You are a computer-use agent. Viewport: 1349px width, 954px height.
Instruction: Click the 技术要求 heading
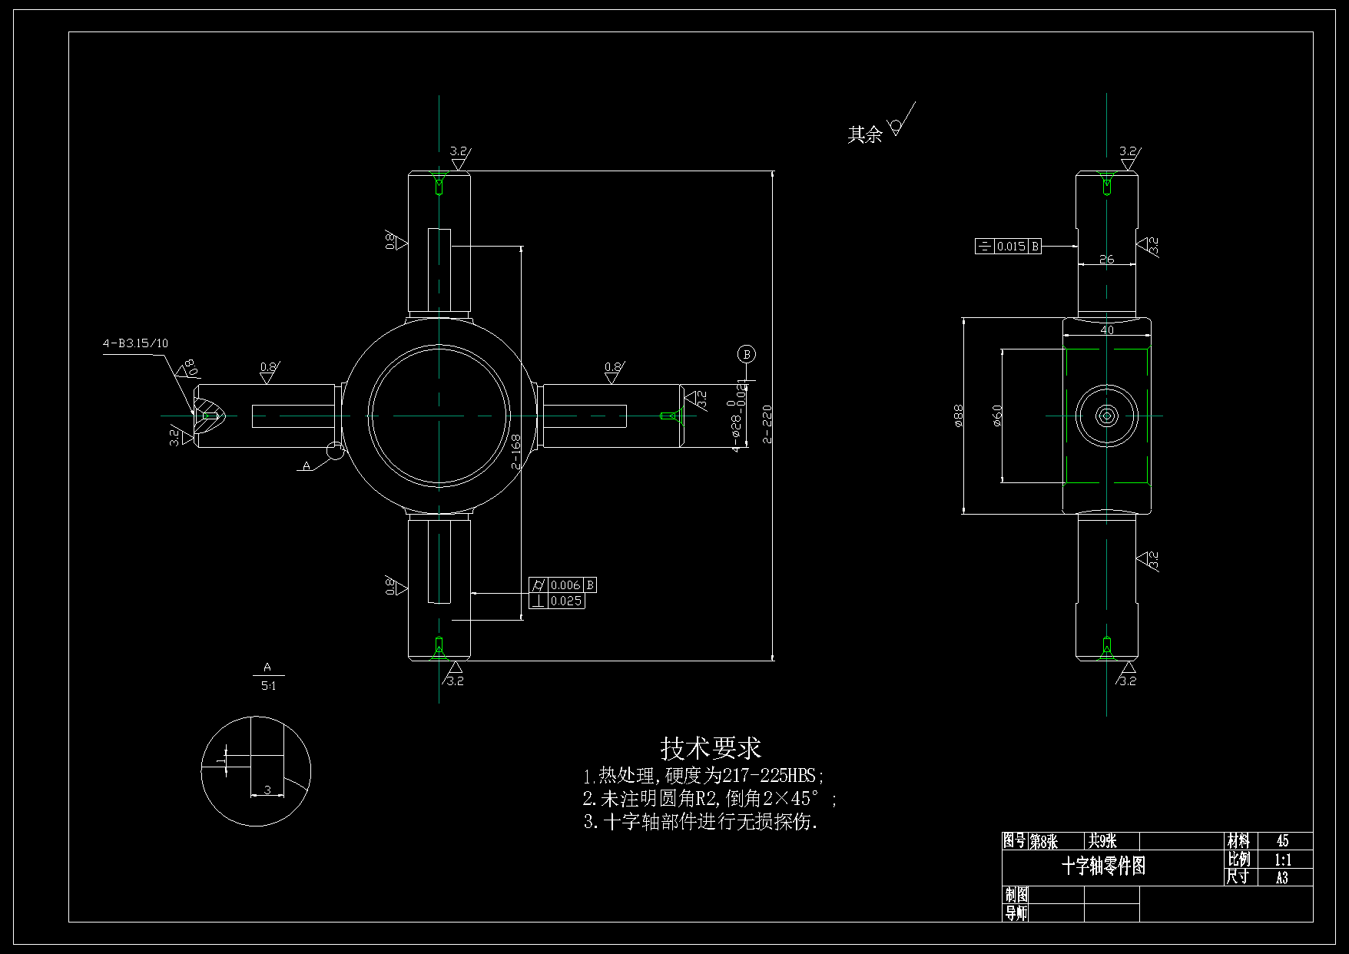tap(710, 747)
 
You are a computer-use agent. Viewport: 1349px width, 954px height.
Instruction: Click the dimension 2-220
tap(767, 424)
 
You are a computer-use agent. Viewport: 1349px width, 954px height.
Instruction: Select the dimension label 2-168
tap(515, 452)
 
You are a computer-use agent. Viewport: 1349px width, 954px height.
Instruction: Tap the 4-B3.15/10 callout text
tap(135, 343)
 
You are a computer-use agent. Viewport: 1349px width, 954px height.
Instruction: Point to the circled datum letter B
tap(746, 354)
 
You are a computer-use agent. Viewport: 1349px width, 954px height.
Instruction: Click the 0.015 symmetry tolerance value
tap(1010, 247)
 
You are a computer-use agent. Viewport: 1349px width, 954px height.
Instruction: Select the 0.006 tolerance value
tap(565, 585)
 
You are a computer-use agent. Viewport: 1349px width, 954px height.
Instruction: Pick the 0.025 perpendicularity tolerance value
tap(565, 601)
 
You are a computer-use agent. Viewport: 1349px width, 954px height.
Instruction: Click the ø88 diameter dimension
tap(958, 416)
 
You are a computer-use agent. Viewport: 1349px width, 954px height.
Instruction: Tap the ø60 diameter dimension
tap(997, 416)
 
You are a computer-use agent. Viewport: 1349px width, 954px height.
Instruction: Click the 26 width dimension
tap(1106, 259)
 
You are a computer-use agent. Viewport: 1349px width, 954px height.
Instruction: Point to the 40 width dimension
tap(1106, 330)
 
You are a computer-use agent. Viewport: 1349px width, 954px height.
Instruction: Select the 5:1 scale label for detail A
tap(268, 686)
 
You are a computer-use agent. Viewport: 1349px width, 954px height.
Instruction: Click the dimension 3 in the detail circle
tap(267, 790)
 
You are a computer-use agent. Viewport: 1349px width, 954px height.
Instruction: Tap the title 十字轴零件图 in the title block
tap(1103, 866)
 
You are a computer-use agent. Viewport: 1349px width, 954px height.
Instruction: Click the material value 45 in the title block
tap(1282, 841)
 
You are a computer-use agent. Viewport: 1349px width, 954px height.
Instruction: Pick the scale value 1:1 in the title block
tap(1282, 860)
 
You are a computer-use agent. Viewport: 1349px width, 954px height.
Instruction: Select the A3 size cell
tap(1282, 877)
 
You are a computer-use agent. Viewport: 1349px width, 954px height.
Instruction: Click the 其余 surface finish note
tap(864, 135)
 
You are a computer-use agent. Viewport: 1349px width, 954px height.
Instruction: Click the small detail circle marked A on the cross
tap(335, 452)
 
